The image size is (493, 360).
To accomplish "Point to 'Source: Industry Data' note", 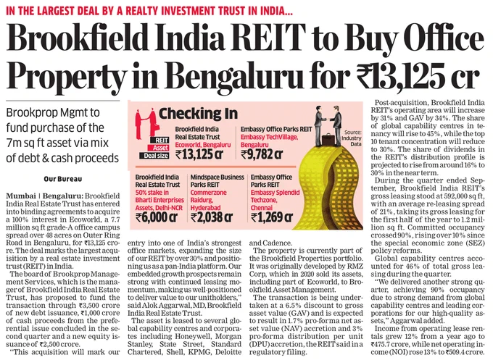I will click(354, 138).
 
